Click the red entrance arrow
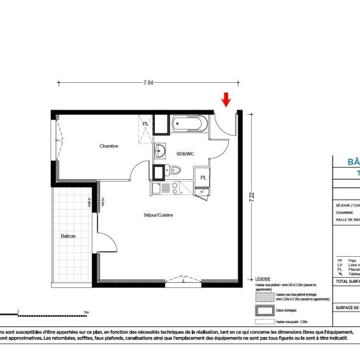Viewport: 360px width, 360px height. tap(226, 100)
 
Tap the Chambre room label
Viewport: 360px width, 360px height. tap(109, 146)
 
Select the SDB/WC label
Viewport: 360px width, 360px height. tap(185, 154)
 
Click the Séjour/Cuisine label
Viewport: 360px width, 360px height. tap(159, 215)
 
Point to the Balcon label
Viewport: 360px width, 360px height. tap(68, 236)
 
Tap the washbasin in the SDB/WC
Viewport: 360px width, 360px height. tap(161, 152)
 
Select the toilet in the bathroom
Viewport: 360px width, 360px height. tap(175, 171)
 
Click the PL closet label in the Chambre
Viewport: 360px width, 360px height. tap(145, 124)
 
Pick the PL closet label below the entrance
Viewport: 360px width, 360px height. tap(203, 177)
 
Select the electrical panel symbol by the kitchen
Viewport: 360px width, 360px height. tap(203, 191)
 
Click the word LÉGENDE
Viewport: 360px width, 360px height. tap(263, 279)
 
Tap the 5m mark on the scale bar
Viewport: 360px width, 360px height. tap(85, 312)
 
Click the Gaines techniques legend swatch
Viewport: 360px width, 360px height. tap(264, 311)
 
